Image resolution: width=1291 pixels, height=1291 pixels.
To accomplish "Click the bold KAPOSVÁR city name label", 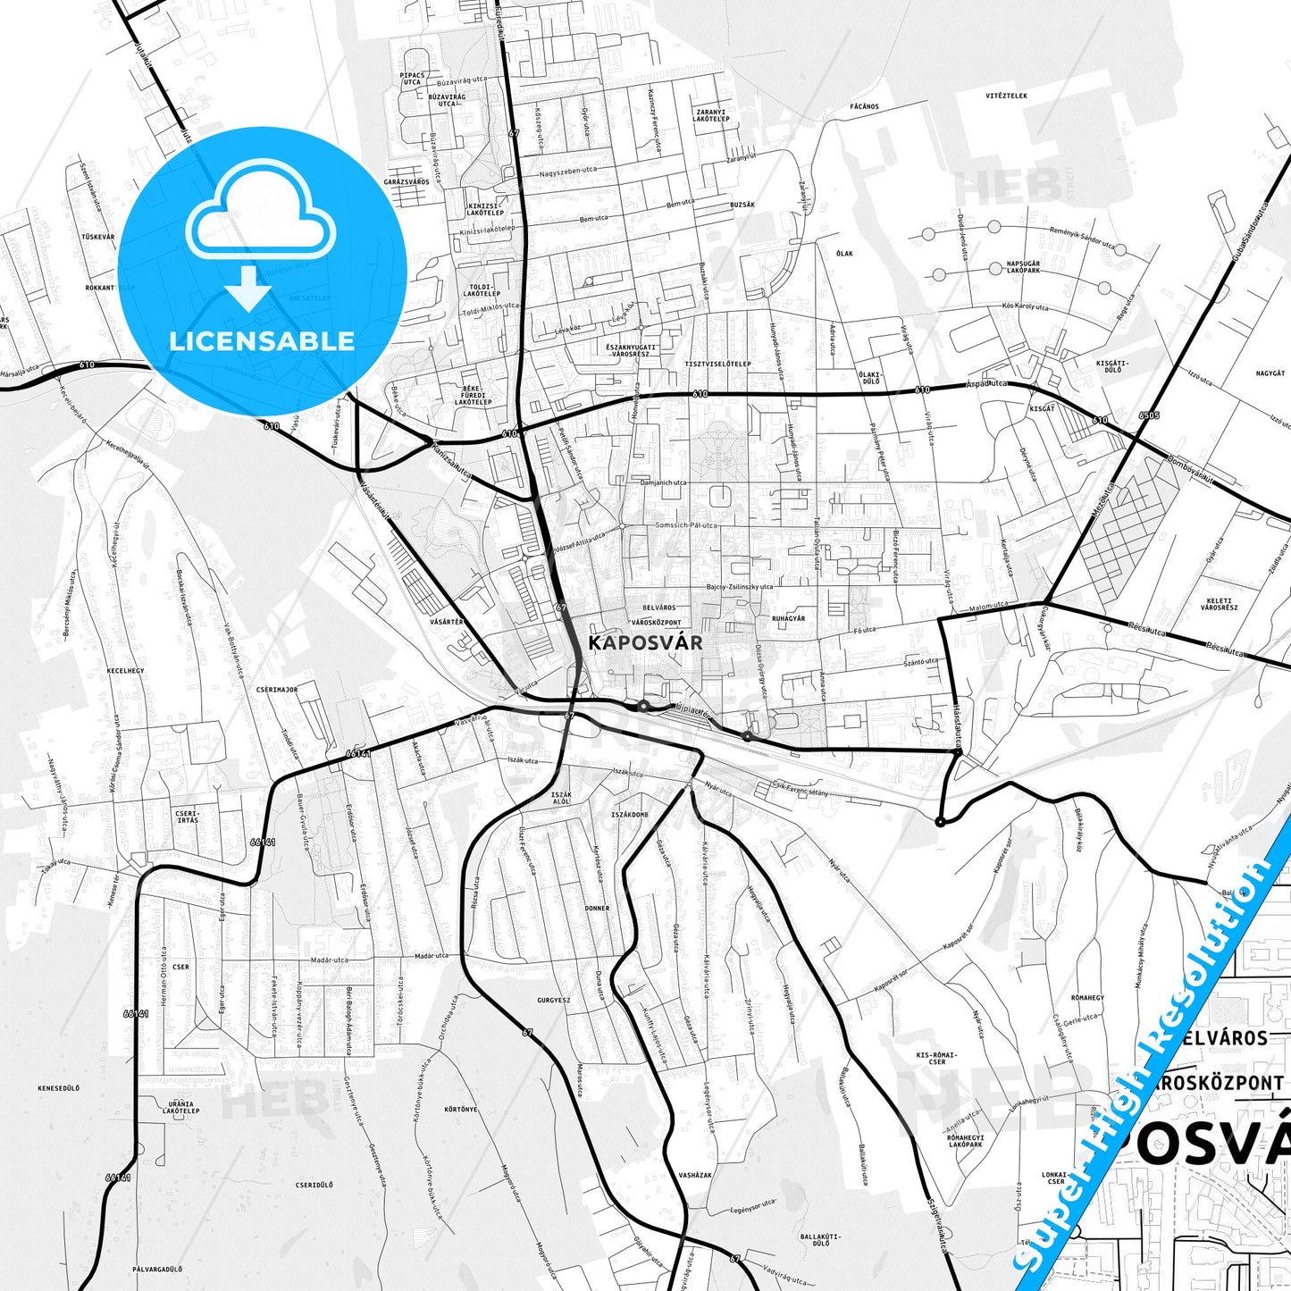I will pos(645,642).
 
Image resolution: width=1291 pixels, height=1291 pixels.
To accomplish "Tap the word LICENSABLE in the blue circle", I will pos(262,340).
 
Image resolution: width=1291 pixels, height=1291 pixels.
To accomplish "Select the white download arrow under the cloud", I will pos(248,288).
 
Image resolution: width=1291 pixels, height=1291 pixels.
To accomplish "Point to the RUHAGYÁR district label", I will pos(788,618).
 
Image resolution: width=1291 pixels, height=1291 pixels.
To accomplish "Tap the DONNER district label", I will pos(597,909).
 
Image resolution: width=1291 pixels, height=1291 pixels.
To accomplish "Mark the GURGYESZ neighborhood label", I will pos(554,1000).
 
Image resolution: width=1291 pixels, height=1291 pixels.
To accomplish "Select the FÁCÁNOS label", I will pos(865,106).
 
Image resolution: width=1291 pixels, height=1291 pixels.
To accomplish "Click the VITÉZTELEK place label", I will pos(1006,96).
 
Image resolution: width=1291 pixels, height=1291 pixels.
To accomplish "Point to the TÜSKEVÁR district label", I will pos(98,237).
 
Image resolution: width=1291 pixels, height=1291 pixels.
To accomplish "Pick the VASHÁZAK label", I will pos(695,1175).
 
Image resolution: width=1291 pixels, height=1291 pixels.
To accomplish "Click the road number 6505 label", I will pos(1150,416).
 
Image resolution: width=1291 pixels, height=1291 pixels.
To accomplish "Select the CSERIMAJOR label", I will pos(276,690).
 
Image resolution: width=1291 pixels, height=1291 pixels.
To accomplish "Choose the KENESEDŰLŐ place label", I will pos(59,1087).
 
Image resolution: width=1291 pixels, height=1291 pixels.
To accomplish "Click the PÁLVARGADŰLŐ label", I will pos(157,1269).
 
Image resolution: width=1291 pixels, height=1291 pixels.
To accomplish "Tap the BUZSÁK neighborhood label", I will pos(742,205).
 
